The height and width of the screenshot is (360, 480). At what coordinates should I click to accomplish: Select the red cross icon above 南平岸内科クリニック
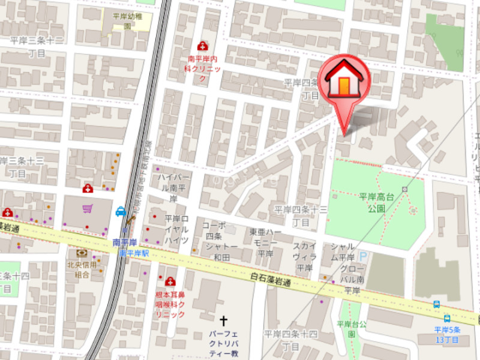click(202, 46)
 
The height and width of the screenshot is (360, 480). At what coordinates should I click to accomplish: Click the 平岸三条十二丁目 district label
click(37, 46)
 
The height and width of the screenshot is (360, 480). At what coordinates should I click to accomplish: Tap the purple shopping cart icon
click(88, 209)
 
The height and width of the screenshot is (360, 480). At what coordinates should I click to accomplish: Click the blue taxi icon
click(121, 211)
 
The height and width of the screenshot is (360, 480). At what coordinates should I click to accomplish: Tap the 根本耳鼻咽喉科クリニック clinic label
click(170, 304)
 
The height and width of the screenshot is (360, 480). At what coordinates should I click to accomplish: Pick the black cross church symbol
click(224, 322)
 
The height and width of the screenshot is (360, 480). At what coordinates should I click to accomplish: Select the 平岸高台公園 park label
click(376, 202)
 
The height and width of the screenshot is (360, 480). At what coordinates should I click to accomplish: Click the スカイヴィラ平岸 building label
click(304, 256)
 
